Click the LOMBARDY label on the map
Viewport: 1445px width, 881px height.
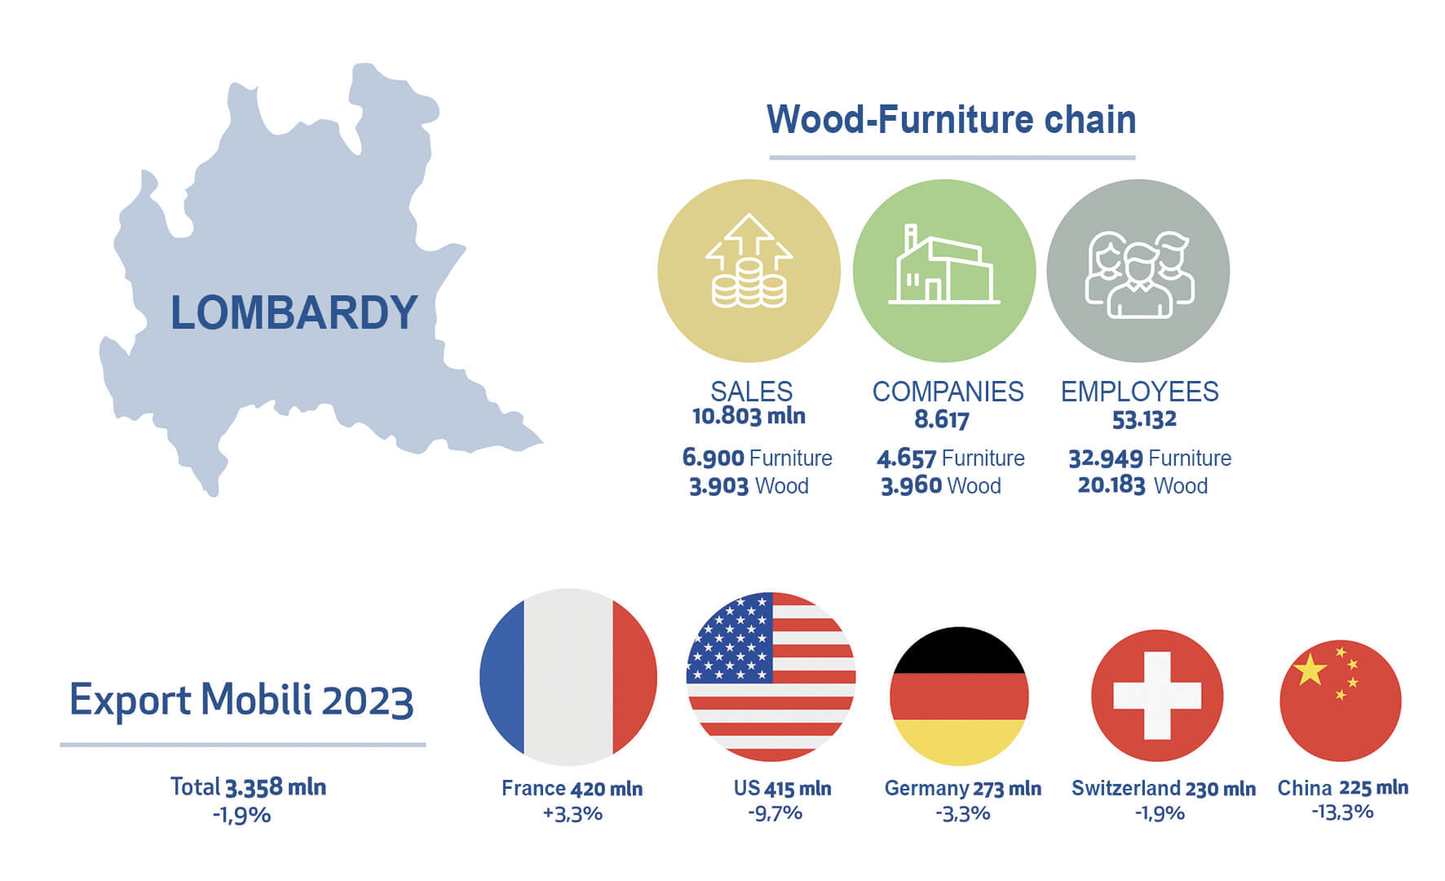point(294,312)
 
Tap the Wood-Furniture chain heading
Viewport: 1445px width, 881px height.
point(952,119)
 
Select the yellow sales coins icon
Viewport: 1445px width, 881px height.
point(749,270)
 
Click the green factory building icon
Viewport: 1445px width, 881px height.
point(944,270)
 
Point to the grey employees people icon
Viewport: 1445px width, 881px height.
point(1138,270)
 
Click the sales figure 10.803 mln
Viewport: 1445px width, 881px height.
point(749,417)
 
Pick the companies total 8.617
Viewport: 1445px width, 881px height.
point(942,419)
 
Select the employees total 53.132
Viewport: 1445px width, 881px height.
point(1144,419)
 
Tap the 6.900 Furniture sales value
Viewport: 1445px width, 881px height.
point(757,458)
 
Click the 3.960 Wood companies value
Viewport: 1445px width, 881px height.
point(941,485)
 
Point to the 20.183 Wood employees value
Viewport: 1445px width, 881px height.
point(1142,485)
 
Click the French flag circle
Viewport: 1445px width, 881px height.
point(568,677)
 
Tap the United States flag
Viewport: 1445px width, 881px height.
point(771,677)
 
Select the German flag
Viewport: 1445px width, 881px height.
point(959,696)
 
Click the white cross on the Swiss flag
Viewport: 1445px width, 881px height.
point(1157,696)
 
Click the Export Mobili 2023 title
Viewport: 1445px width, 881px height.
point(241,700)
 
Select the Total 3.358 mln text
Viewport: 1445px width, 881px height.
point(248,787)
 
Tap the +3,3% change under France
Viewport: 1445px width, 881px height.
point(572,813)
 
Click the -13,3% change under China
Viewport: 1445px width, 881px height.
point(1342,812)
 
